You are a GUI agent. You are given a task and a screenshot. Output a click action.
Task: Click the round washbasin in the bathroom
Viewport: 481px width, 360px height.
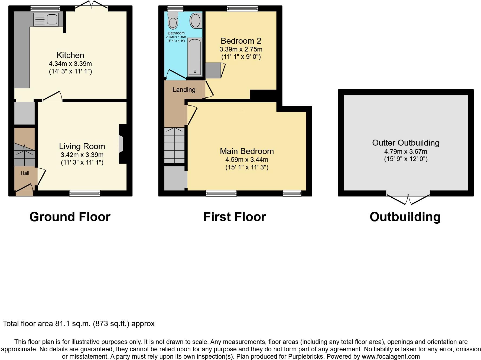(196, 21)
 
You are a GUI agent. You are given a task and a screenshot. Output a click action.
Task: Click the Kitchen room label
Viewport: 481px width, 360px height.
(70, 55)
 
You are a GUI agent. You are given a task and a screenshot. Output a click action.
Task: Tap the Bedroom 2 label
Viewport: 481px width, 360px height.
(241, 41)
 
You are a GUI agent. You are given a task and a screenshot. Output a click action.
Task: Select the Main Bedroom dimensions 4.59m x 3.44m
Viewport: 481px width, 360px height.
(247, 160)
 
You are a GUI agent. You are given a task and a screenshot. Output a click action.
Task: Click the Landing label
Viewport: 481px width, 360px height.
(184, 90)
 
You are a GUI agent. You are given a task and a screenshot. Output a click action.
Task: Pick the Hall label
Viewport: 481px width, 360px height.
(25, 173)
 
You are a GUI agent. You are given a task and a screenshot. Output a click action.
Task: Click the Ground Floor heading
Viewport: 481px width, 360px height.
(70, 217)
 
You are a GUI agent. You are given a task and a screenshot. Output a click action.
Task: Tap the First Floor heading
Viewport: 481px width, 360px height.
(235, 217)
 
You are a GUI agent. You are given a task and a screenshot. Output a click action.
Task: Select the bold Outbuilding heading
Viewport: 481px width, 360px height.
(405, 217)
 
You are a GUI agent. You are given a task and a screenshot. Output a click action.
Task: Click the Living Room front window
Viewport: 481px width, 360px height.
(85, 193)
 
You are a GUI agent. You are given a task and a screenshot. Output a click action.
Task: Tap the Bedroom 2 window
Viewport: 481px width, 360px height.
(242, 8)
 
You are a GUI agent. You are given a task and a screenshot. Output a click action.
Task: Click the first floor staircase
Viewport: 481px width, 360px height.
(175, 145)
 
